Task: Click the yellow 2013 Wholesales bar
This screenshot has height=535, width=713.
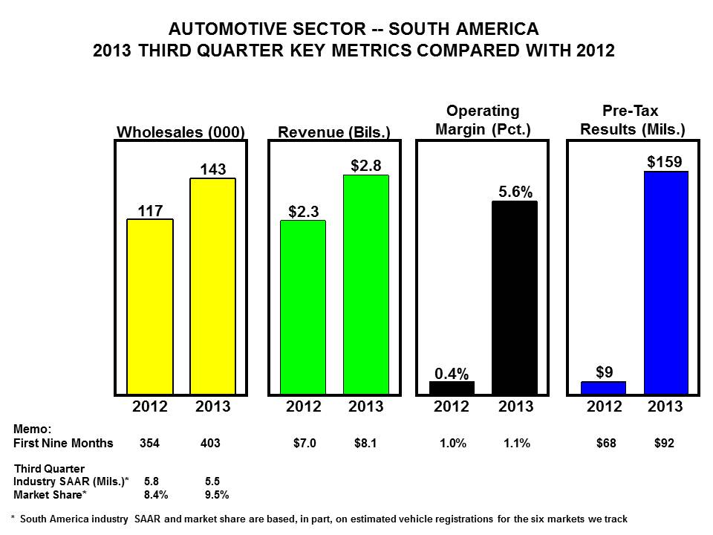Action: click(x=213, y=286)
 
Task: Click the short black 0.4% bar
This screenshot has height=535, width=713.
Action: click(x=452, y=387)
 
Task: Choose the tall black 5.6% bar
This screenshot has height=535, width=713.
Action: click(x=515, y=297)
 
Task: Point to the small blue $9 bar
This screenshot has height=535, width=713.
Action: click(x=603, y=387)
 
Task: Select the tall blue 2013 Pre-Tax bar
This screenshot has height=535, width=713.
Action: click(x=666, y=282)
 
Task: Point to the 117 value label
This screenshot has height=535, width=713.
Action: click(x=151, y=210)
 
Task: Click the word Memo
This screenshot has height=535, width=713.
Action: click(x=33, y=429)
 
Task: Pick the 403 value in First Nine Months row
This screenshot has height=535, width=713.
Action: click(x=210, y=444)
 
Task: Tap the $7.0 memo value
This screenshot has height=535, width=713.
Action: click(x=305, y=444)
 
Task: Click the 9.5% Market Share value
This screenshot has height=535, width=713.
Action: click(x=216, y=493)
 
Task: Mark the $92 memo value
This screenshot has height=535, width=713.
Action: click(x=664, y=444)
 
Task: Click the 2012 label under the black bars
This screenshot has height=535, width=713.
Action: click(x=452, y=406)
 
